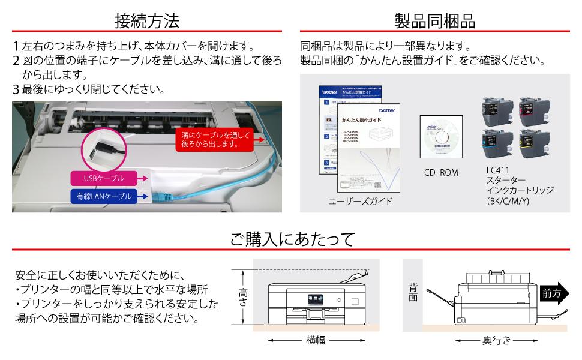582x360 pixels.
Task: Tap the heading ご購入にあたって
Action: pos(291,239)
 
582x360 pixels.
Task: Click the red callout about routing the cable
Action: pos(215,140)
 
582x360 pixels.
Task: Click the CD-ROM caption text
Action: pos(441,173)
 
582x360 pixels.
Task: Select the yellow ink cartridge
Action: pos(533,143)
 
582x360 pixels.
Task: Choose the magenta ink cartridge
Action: pos(533,108)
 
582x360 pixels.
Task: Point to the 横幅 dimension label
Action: pos(315,340)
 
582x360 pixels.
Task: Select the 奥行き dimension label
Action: pos(496,340)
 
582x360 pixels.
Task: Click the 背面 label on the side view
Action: pos(413,293)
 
